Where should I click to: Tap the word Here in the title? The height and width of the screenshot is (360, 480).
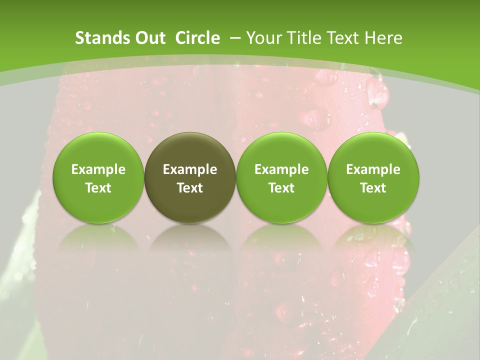(x=383, y=38)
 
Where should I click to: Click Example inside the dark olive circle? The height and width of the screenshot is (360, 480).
(x=190, y=169)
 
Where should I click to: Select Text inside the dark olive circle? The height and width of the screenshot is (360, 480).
(x=190, y=188)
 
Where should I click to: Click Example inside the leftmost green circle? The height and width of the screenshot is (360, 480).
(x=98, y=169)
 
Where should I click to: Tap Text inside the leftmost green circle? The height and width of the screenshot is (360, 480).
(x=98, y=188)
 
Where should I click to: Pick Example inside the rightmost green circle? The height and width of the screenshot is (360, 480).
(x=373, y=169)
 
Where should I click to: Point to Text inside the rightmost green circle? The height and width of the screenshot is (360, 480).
(x=373, y=188)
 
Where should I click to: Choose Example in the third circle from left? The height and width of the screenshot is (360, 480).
(x=281, y=169)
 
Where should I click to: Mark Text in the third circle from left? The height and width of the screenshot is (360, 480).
(x=281, y=188)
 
